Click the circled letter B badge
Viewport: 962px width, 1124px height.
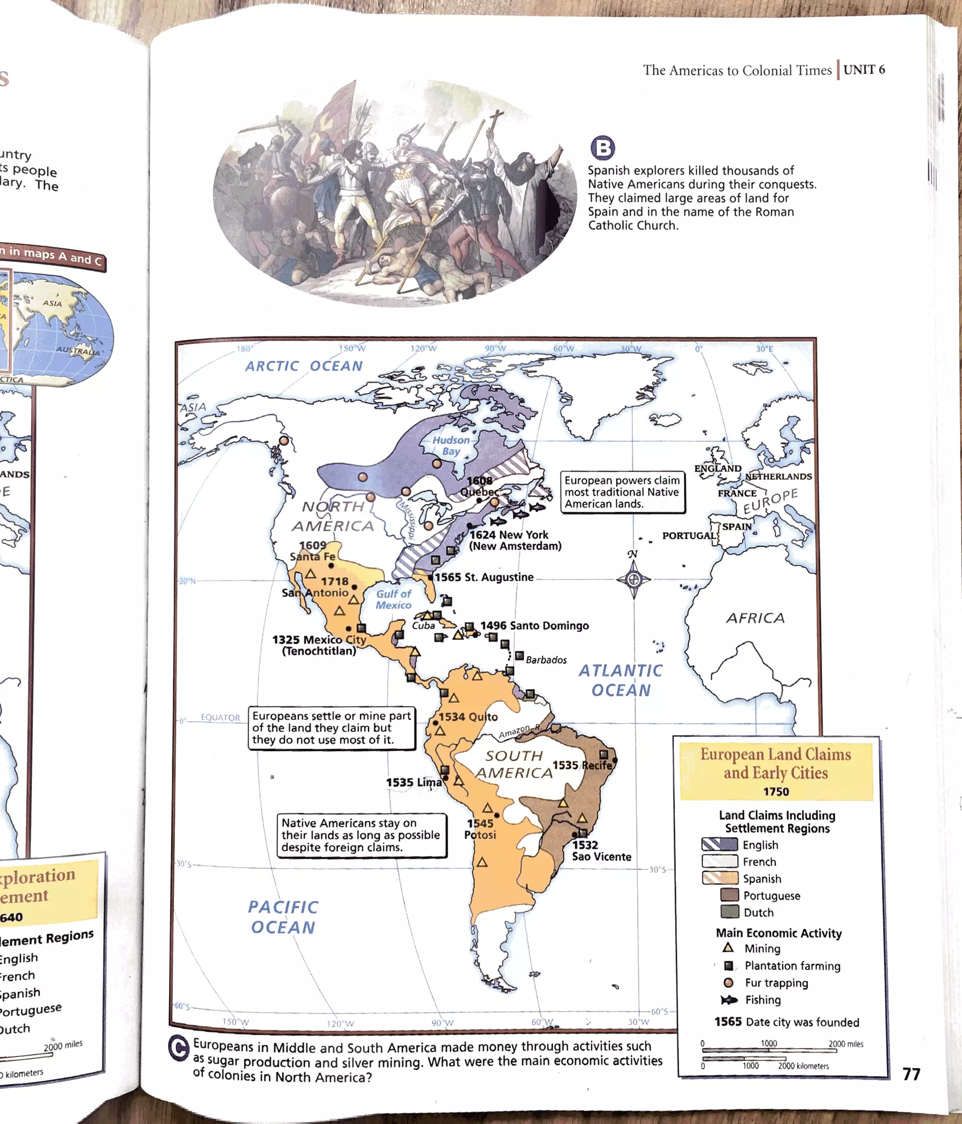(602, 147)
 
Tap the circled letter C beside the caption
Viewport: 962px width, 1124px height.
(178, 1048)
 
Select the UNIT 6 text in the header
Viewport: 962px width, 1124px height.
(864, 70)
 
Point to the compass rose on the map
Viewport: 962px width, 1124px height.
(633, 579)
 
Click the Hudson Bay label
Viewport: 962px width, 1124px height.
(451, 446)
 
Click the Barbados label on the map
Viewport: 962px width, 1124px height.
(546, 660)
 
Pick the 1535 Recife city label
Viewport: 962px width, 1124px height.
(582, 765)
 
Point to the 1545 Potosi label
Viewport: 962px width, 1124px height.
(480, 829)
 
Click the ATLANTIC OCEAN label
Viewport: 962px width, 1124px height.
(621, 680)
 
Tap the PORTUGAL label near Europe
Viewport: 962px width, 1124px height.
(689, 535)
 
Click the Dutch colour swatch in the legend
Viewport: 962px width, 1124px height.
(729, 912)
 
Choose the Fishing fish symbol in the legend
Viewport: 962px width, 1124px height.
(729, 999)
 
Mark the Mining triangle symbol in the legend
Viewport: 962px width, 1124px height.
(728, 947)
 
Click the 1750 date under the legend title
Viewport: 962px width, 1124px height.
(776, 792)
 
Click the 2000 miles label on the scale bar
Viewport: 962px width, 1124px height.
(846, 1043)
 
